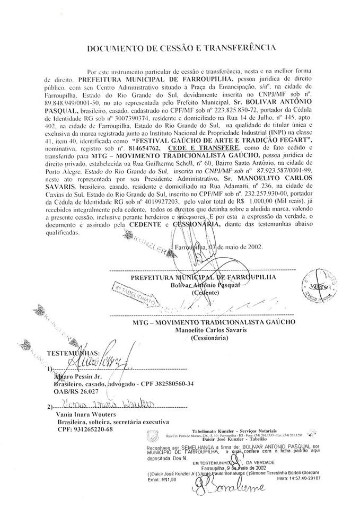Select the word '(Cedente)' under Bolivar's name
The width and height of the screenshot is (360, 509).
[205, 293]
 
